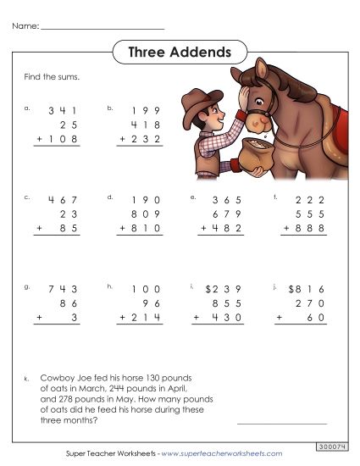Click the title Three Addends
coord(180,53)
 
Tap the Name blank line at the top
coord(102,28)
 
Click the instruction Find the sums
coord(53,77)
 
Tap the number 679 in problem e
coord(228,214)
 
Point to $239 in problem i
coord(224,289)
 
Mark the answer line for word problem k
coord(281,422)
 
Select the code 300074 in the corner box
coord(332,444)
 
